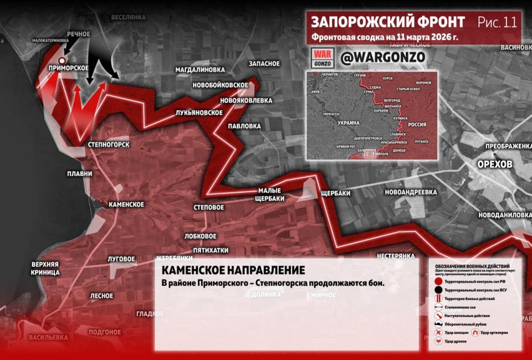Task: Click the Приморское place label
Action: click(x=69, y=68)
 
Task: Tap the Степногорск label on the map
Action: click(x=109, y=145)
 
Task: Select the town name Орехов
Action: click(x=496, y=166)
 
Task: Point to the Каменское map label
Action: click(x=126, y=204)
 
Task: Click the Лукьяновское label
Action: click(x=199, y=112)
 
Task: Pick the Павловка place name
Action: click(x=244, y=126)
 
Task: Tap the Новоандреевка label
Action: click(x=411, y=192)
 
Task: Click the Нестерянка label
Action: click(x=395, y=256)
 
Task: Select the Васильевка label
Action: click(x=48, y=337)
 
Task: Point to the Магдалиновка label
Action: click(x=200, y=70)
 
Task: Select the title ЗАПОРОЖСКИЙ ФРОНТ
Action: click(x=388, y=22)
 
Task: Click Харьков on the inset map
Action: click(x=383, y=111)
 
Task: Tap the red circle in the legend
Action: click(x=438, y=281)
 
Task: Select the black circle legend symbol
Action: click(x=438, y=290)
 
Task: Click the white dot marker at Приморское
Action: click(x=62, y=59)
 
